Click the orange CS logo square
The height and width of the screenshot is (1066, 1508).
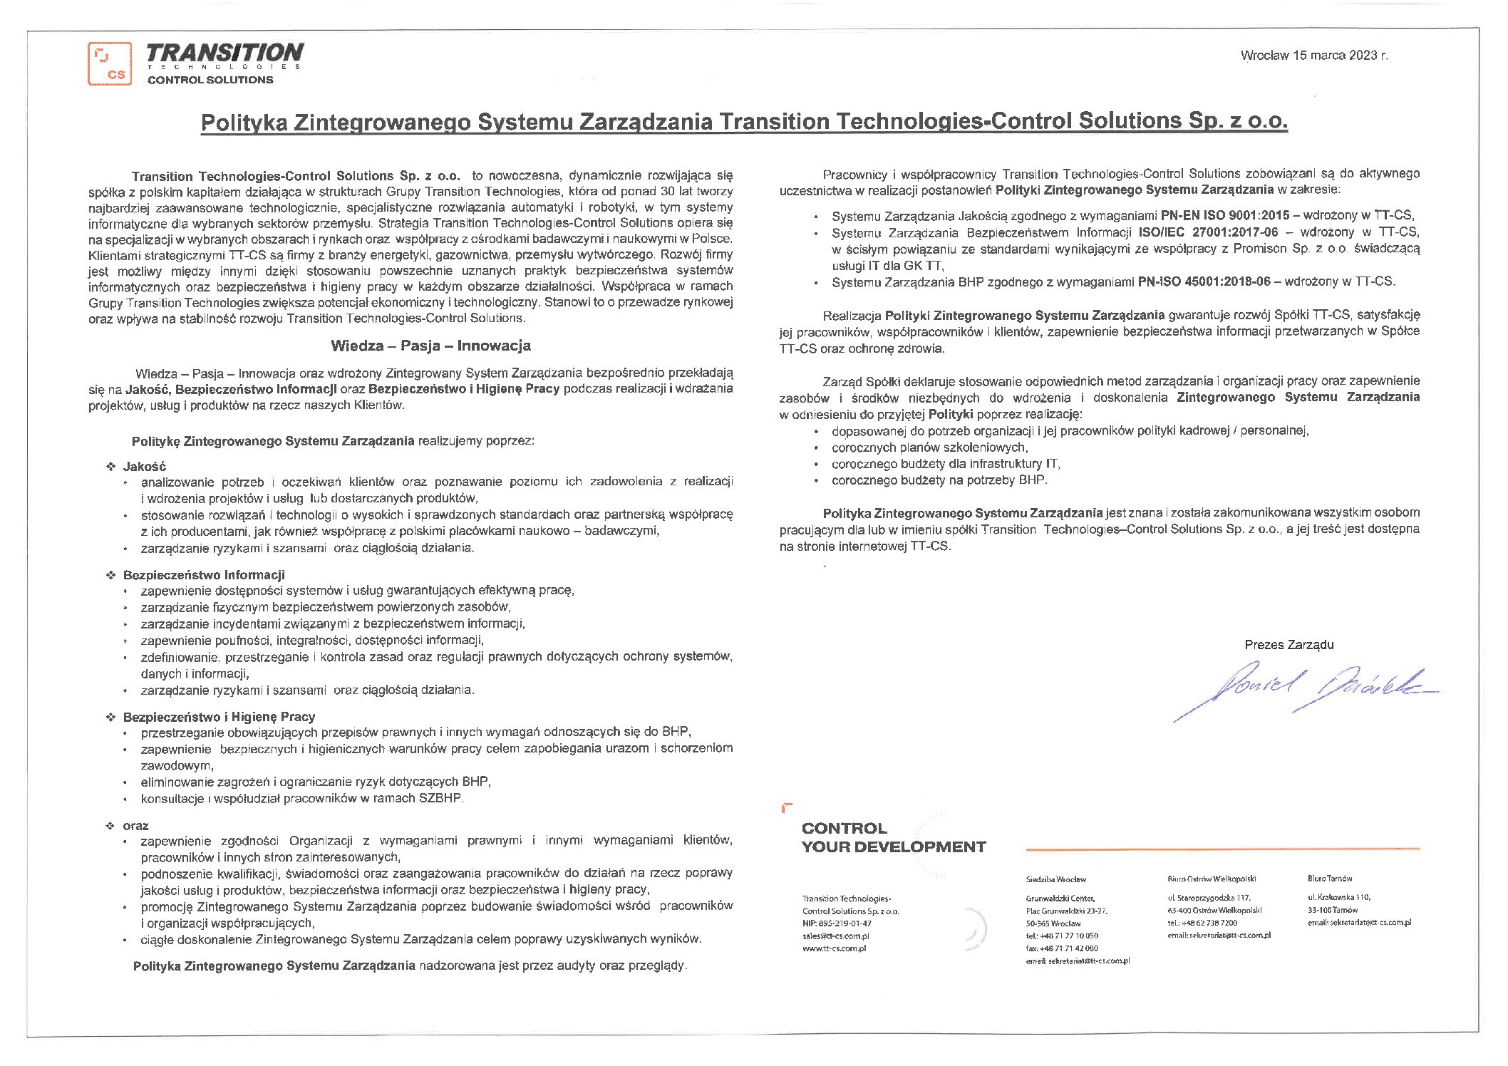[110, 63]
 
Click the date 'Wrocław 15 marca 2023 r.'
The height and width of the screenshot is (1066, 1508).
[1313, 56]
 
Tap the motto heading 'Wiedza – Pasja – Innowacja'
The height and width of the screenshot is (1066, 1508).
[430, 346]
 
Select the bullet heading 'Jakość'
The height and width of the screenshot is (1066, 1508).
[144, 466]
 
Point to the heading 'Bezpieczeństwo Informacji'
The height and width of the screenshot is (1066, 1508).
[204, 574]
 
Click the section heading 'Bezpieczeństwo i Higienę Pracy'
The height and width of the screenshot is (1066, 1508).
[219, 716]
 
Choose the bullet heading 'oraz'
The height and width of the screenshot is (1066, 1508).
[135, 825]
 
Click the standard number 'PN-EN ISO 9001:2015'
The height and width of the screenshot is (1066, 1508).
[1224, 215]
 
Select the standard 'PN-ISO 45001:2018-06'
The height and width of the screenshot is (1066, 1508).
[1204, 281]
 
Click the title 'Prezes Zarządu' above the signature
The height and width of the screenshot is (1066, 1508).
[1288, 644]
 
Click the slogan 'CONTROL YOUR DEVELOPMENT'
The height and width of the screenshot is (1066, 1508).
[893, 837]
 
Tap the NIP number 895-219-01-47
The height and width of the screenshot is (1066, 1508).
[837, 923]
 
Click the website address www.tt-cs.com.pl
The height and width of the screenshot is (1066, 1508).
[834, 948]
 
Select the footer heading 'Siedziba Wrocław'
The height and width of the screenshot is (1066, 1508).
[1055, 879]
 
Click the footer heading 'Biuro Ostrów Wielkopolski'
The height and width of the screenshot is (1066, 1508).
[1212, 879]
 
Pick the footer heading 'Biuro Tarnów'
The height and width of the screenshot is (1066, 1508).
[1329, 879]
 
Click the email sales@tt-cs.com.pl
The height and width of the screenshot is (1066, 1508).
[835, 936]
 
